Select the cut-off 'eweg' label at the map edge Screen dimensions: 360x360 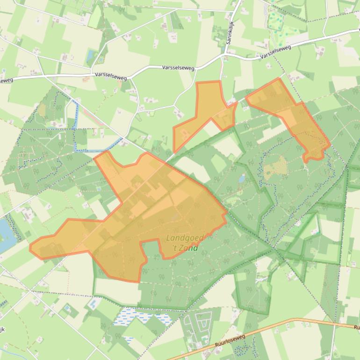coord(5,80)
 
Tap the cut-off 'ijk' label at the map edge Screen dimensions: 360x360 coord(2,330)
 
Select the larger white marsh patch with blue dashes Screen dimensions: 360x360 coord(143,318)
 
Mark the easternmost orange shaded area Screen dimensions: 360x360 coord(295,117)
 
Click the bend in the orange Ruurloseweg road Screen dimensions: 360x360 coord(295,320)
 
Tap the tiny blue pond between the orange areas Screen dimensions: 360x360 coord(241,179)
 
